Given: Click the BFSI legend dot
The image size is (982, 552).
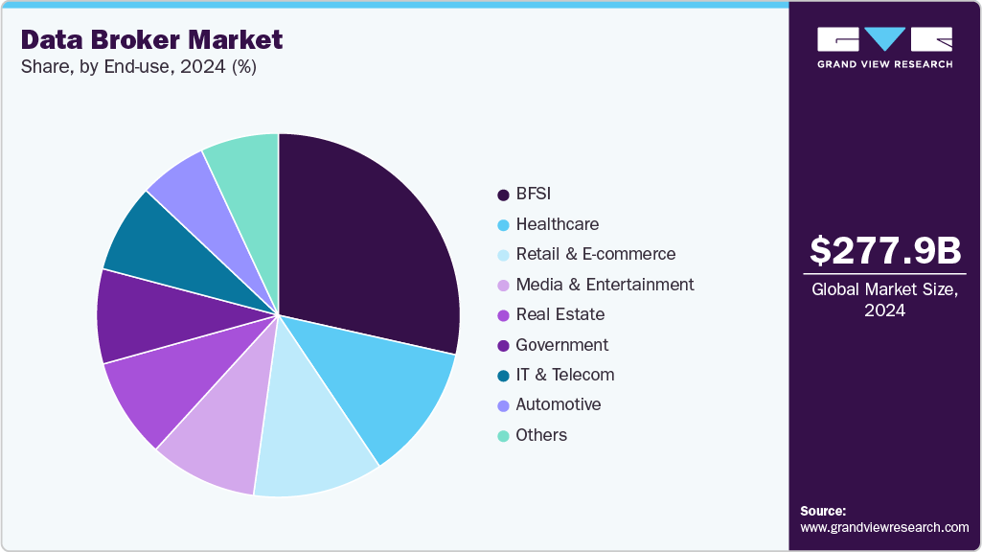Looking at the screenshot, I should [x=503, y=195].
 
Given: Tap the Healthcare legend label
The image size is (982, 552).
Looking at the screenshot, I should [x=557, y=224].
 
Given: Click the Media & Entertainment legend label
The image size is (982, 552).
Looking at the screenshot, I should [x=605, y=285].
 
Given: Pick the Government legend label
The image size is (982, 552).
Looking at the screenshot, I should [x=561, y=345].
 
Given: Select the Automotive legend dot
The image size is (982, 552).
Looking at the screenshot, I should [x=503, y=405].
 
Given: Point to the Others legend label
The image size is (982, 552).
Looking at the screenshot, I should [x=541, y=435].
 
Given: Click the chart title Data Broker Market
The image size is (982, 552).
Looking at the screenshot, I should [x=151, y=39].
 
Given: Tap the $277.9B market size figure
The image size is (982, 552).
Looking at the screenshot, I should [x=884, y=250].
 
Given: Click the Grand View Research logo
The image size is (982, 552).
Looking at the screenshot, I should [x=884, y=47].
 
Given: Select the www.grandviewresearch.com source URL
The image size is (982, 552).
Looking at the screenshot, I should [x=884, y=527].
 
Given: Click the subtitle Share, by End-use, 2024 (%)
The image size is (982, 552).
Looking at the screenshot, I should [x=138, y=67].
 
